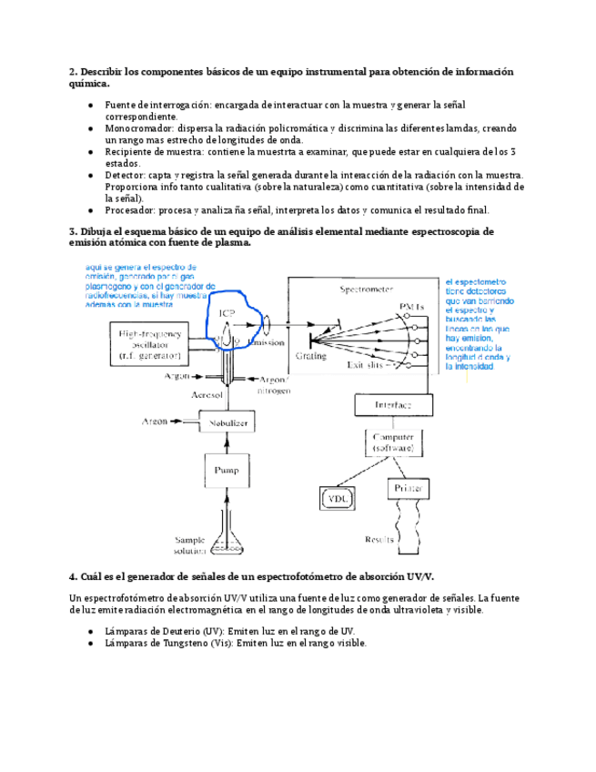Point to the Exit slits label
click(367, 365)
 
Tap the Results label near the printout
click(378, 539)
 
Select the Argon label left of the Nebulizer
click(155, 422)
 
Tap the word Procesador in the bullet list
click(131, 209)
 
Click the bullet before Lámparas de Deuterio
click(90, 631)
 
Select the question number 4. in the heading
click(74, 576)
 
